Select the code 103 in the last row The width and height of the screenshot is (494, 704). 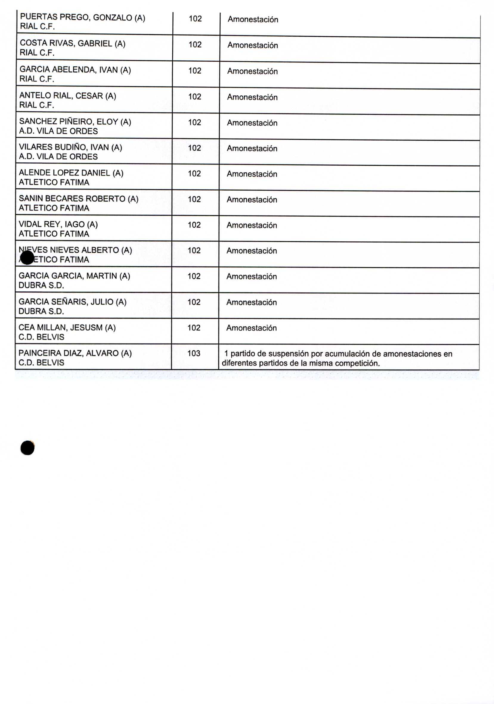click(193, 353)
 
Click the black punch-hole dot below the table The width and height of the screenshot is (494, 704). click(27, 448)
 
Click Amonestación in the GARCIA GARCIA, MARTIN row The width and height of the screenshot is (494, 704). click(252, 276)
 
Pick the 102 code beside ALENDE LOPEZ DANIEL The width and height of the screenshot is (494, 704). click(194, 174)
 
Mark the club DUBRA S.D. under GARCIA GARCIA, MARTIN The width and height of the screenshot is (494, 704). click(41, 285)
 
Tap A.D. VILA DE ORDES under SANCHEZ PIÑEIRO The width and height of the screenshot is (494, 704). click(58, 131)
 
